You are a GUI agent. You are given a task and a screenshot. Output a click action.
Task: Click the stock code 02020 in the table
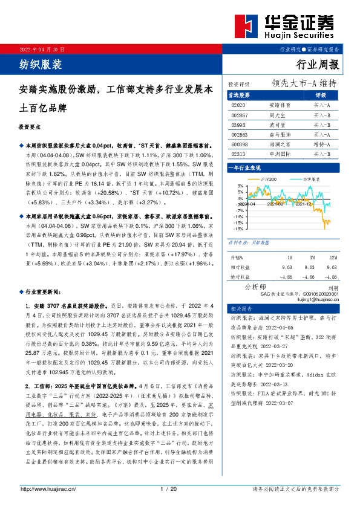pyautogui.click(x=238, y=105)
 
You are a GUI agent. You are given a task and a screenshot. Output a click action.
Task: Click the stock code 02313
pyautogui.click(x=239, y=155)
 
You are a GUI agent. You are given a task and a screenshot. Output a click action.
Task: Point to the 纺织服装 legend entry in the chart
pyautogui.click(x=309, y=179)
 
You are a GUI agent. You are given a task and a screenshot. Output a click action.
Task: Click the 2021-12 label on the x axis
pyautogui.click(x=303, y=204)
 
